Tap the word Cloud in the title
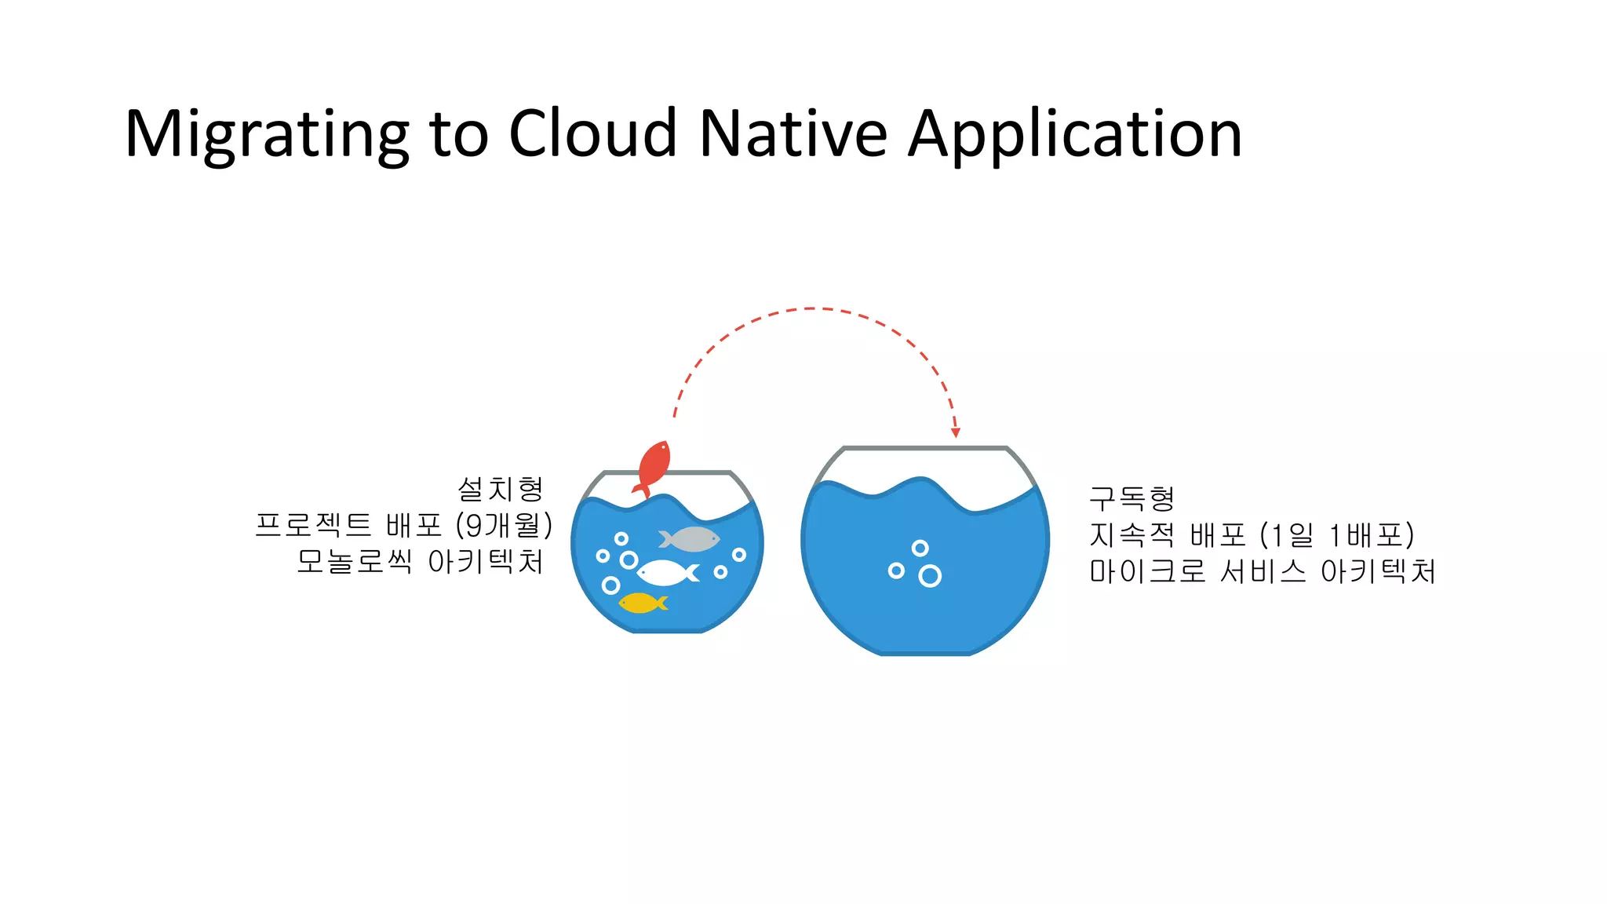pyautogui.click(x=592, y=133)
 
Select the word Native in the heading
pyautogui.click(x=793, y=133)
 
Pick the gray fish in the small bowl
pyautogui.click(x=690, y=539)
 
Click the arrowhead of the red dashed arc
pyautogui.click(x=956, y=432)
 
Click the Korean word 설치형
pyautogui.click(x=501, y=489)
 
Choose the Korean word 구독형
pyautogui.click(x=1131, y=498)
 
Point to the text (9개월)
pyautogui.click(x=505, y=525)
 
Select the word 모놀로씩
pyautogui.click(x=354, y=561)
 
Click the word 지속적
pyautogui.click(x=1131, y=535)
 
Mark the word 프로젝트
pyautogui.click(x=313, y=525)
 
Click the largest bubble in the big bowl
pyautogui.click(x=930, y=577)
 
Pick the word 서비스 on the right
pyautogui.click(x=1263, y=571)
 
